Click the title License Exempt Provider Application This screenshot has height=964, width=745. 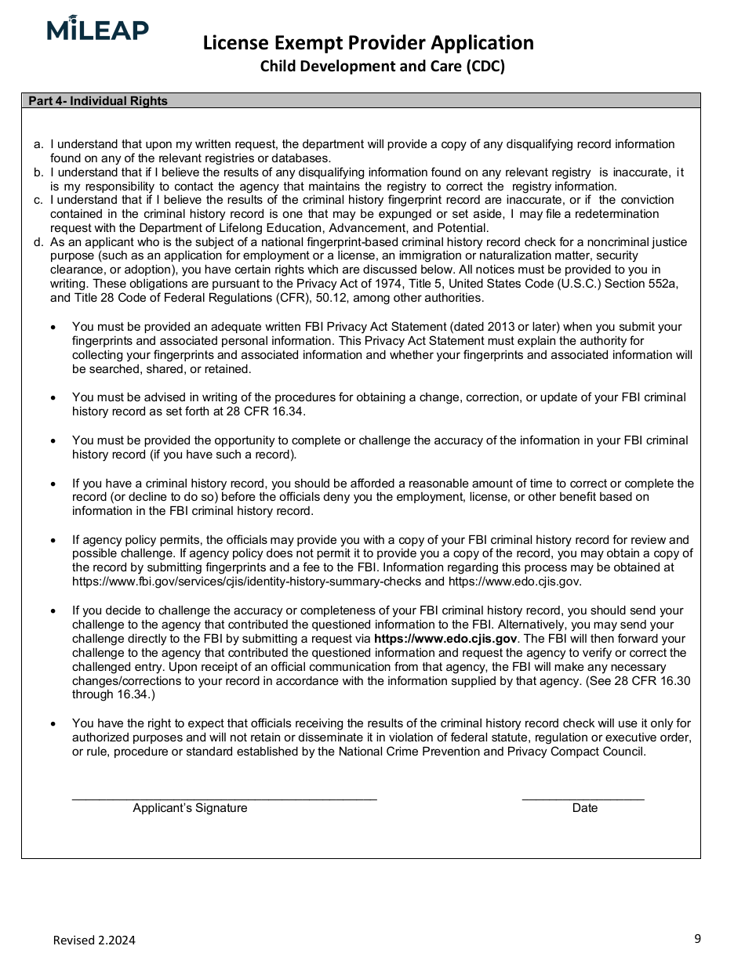[368, 42]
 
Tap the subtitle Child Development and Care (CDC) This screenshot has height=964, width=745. [383, 66]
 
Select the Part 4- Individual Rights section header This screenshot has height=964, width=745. [98, 101]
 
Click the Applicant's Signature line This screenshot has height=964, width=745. [224, 799]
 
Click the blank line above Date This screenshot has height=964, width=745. [583, 799]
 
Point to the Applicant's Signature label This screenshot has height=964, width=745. [190, 808]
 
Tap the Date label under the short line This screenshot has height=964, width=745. [585, 808]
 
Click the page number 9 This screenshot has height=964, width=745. [697, 938]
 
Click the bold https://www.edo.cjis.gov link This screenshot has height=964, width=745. [445, 639]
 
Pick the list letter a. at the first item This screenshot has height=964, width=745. [38, 144]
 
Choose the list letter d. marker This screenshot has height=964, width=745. [38, 242]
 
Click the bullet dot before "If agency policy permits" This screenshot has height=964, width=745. [53, 540]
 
